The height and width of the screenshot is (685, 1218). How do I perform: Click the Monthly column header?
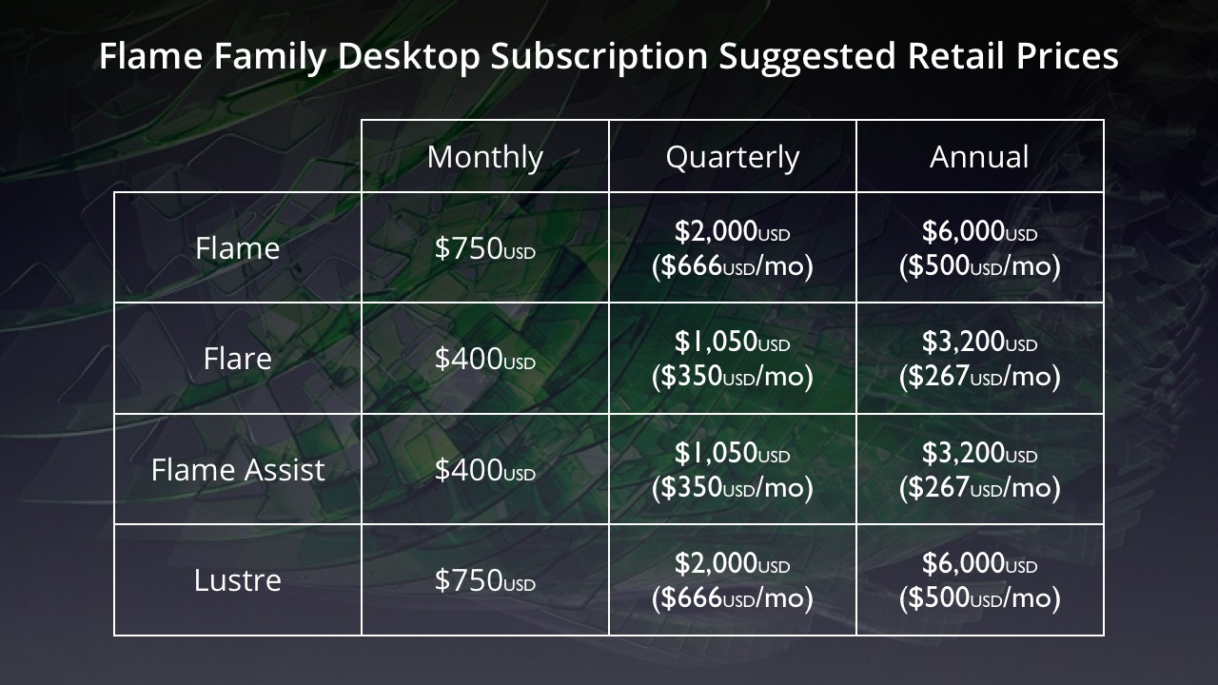coord(485,158)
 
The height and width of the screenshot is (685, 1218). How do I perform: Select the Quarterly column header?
coord(733,158)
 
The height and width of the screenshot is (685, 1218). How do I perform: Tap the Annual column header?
coord(979,157)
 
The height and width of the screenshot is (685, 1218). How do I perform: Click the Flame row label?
coord(238,248)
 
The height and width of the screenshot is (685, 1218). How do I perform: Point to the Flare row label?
coord(238,359)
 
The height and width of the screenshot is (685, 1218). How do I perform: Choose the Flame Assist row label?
coord(238,470)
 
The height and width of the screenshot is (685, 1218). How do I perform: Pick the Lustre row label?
coord(238,580)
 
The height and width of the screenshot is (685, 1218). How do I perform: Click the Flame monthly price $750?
coord(485,248)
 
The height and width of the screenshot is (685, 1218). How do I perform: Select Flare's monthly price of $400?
coord(485,359)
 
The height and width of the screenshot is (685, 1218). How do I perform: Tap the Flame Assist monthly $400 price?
coord(485,470)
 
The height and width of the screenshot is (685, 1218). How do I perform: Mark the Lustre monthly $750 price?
coord(485,580)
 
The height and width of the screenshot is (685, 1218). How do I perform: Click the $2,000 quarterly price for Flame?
coord(733,231)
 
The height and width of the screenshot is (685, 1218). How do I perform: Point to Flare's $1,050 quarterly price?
coord(733,342)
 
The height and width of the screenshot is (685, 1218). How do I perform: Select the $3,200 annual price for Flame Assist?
coord(979,453)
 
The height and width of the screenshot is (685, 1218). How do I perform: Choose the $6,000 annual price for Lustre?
coord(979,563)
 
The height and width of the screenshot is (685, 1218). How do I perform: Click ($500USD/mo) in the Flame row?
coord(979,265)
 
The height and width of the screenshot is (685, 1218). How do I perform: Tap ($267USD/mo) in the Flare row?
coord(979,376)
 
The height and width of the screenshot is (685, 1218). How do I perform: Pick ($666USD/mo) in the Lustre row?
coord(733,598)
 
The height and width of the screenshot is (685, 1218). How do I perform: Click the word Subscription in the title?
coord(599,56)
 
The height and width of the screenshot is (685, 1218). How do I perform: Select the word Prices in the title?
coord(1068,55)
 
